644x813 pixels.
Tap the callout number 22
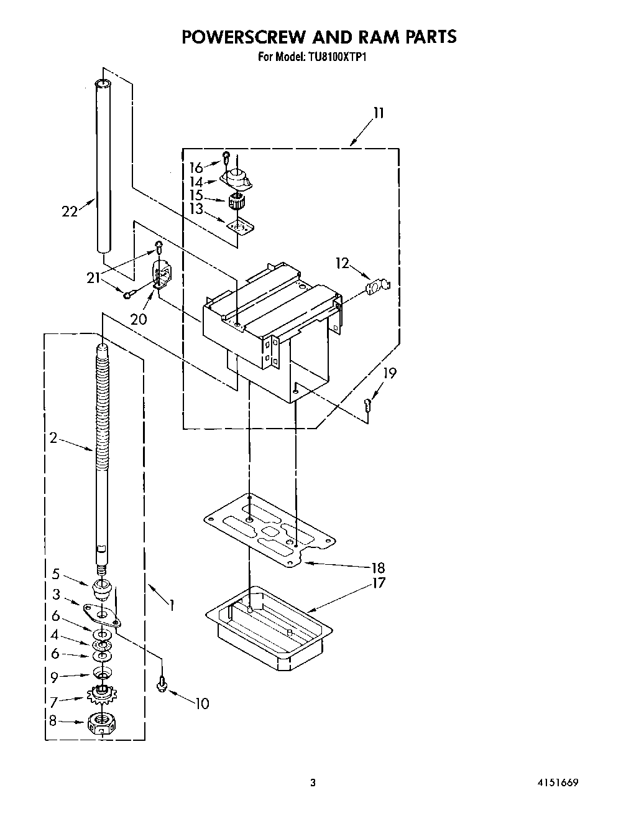click(x=70, y=211)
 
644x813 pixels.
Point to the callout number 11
click(x=379, y=113)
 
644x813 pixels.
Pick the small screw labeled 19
click(x=367, y=404)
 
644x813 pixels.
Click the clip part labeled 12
click(x=377, y=286)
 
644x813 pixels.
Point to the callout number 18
click(x=377, y=567)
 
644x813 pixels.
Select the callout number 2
click(x=53, y=439)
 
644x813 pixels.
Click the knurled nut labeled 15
click(x=236, y=201)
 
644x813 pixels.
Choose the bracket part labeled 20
click(x=162, y=274)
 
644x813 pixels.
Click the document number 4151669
click(x=558, y=783)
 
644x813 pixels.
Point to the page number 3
click(x=313, y=783)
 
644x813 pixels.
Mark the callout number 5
click(x=56, y=574)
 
